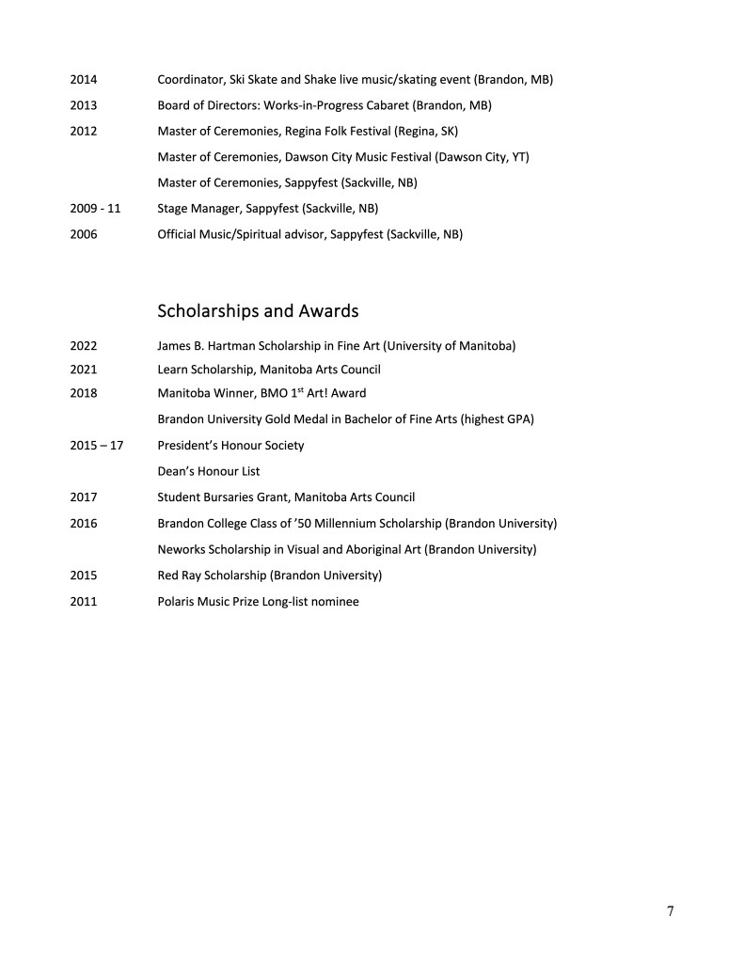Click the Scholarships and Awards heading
[258, 310]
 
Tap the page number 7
[670, 910]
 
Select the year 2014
[84, 80]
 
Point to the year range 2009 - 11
[95, 208]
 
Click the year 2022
[84, 346]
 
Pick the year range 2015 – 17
[97, 446]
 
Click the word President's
[190, 446]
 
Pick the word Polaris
[179, 601]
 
